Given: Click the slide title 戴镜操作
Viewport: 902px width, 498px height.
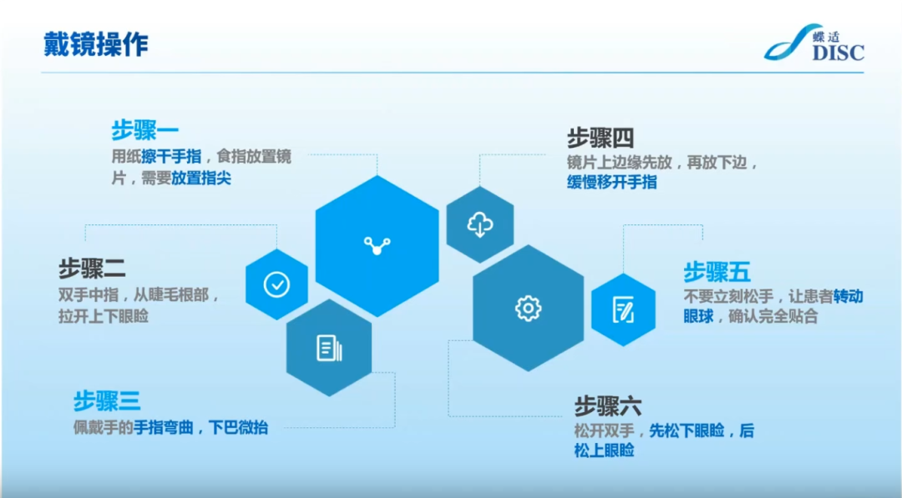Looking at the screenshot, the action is [96, 44].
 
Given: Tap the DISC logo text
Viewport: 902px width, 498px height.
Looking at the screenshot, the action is [839, 53].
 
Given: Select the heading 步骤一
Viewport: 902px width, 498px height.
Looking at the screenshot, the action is [145, 130].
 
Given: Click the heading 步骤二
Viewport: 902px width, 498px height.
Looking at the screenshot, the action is [92, 269].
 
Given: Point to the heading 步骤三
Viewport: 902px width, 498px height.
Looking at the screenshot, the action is [107, 401].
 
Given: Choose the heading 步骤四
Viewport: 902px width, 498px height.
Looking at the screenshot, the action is [600, 138].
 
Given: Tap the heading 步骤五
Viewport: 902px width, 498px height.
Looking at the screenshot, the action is [717, 272].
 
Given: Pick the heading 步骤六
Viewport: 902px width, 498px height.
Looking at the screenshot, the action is [608, 406].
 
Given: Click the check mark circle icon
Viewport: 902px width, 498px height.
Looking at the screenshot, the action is [276, 284].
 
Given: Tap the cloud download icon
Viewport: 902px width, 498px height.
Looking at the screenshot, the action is [479, 224].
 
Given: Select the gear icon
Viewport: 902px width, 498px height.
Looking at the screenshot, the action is [528, 309].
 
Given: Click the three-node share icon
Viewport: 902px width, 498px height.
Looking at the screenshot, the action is [378, 246].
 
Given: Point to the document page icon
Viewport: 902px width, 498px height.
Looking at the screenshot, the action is [330, 348].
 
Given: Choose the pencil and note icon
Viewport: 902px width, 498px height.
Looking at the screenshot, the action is [624, 309].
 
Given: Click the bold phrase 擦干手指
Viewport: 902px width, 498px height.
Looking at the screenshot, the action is [171, 157].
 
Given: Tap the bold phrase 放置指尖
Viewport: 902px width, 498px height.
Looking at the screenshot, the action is [201, 178].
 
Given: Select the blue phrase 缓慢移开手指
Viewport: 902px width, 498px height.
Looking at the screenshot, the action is [612, 182].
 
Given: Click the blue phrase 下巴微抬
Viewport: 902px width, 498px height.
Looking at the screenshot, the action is [238, 427].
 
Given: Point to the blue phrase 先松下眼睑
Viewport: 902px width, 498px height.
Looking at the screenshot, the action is [687, 430].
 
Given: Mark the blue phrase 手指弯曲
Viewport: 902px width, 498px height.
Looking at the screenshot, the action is [164, 427].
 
